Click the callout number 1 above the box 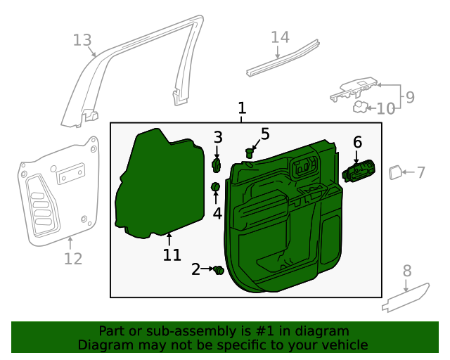tap(242, 108)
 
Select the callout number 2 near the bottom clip tap(195, 269)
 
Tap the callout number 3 tap(218, 137)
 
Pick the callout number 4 tap(217, 213)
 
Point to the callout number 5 tap(265, 134)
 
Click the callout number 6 tap(357, 143)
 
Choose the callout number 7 tap(420, 172)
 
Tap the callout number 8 tap(407, 271)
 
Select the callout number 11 tap(172, 255)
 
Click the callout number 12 tap(73, 259)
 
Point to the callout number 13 tap(82, 40)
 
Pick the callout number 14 tap(280, 37)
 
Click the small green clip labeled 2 tap(219, 270)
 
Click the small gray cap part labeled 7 tap(395, 171)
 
